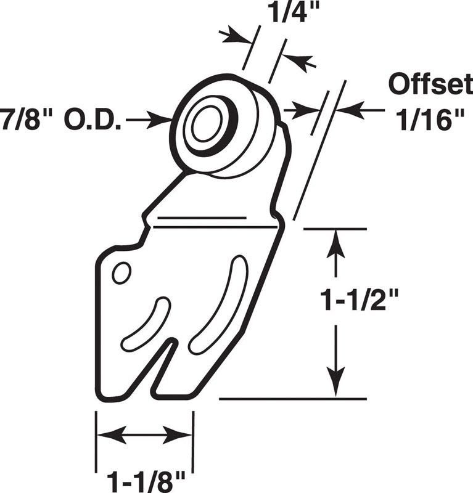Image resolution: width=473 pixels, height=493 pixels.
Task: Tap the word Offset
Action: click(430, 84)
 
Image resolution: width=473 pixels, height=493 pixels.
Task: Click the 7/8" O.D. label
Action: click(60, 120)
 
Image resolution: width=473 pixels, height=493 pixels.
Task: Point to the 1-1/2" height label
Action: click(360, 300)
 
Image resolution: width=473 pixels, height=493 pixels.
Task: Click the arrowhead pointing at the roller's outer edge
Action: click(160, 120)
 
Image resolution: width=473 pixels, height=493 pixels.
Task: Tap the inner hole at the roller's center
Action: click(205, 124)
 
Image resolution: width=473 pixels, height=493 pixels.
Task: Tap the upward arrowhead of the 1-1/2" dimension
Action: click(336, 244)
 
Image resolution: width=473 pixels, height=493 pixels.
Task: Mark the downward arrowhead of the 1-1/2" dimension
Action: click(336, 381)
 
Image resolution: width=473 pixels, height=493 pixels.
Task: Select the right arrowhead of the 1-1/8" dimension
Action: click(178, 435)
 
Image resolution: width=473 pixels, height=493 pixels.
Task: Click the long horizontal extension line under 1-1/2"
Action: click(293, 399)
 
